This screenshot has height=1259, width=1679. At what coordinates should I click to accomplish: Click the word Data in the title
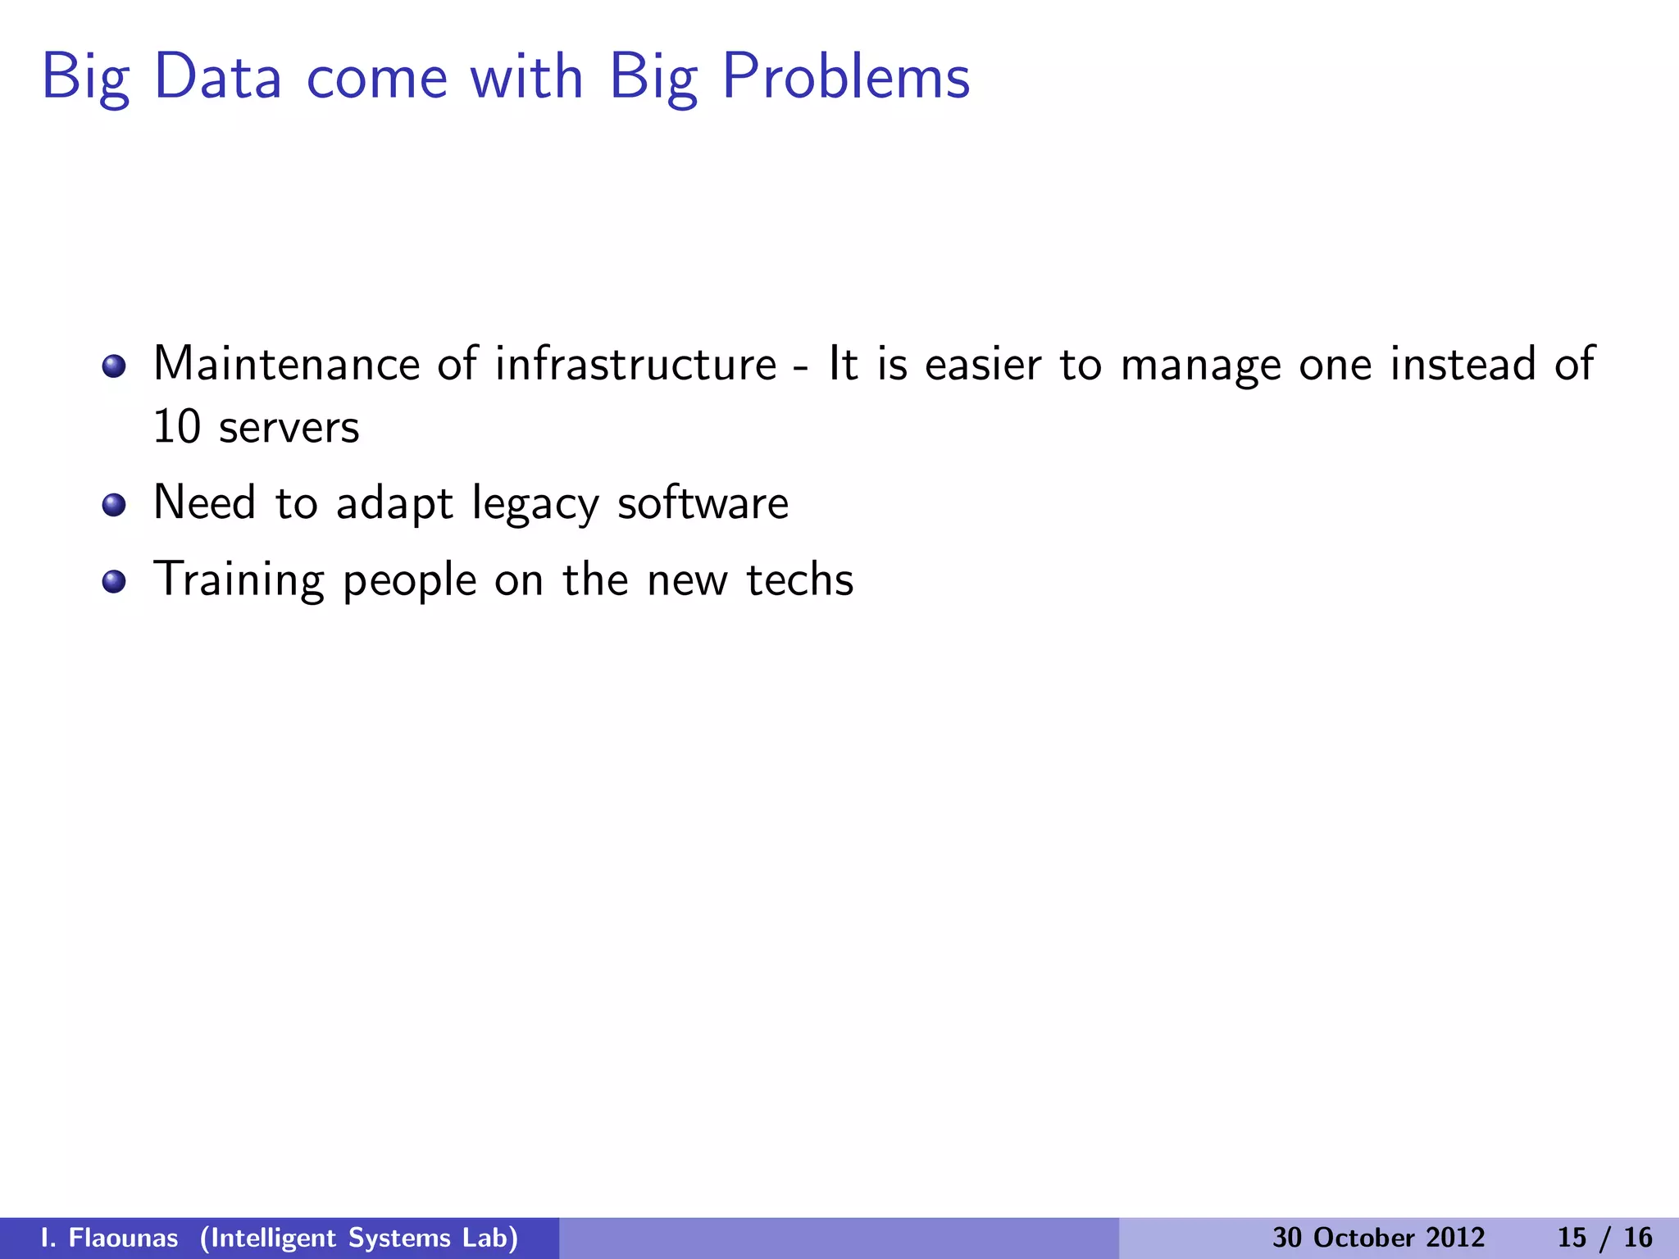click(217, 77)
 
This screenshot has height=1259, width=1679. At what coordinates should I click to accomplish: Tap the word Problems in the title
click(845, 77)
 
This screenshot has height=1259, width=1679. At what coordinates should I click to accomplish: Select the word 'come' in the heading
click(376, 79)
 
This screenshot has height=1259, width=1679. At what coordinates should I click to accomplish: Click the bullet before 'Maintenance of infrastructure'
click(114, 366)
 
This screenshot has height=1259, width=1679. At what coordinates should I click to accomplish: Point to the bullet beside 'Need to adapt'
click(114, 505)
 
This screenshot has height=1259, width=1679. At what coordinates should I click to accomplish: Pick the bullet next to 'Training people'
click(114, 581)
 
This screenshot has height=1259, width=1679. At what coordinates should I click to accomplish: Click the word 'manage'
click(1200, 366)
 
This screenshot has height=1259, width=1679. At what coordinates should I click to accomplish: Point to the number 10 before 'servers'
click(176, 427)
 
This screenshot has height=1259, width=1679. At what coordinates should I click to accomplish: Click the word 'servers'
click(289, 429)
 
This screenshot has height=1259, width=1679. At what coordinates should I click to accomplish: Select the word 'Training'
click(239, 581)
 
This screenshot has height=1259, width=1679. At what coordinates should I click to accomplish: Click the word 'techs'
click(799, 580)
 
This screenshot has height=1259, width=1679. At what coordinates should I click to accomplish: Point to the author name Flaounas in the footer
click(123, 1238)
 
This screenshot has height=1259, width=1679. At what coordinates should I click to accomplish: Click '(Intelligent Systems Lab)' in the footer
click(359, 1238)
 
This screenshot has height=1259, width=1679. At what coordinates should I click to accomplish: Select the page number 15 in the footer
click(1572, 1238)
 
